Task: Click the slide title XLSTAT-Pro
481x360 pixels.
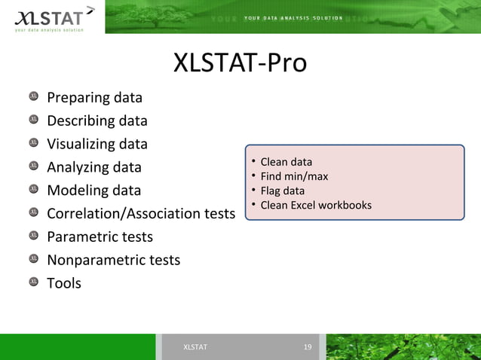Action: pos(240,63)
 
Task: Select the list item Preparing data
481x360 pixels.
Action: pos(94,98)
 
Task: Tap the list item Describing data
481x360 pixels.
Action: pos(97,121)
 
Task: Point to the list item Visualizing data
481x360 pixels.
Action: pos(97,144)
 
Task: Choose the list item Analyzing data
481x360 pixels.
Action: pos(94,167)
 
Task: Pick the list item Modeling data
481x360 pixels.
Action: pos(93,191)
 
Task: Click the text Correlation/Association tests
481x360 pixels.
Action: pos(141,214)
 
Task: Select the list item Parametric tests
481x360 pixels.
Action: pos(100,237)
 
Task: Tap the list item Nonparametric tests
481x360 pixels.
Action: pos(113,261)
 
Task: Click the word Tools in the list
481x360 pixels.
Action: pos(64,284)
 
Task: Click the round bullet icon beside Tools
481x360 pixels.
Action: pos(34,282)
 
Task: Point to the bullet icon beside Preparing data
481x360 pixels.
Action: pos(34,96)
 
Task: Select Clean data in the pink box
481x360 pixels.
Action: pos(286,162)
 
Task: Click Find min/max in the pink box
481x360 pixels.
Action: pos(294,176)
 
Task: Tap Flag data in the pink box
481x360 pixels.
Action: pos(282,191)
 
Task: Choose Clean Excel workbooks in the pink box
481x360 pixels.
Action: pos(315,205)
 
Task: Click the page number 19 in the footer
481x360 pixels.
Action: pos(307,347)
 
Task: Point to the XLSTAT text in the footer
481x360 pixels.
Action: pos(195,347)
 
